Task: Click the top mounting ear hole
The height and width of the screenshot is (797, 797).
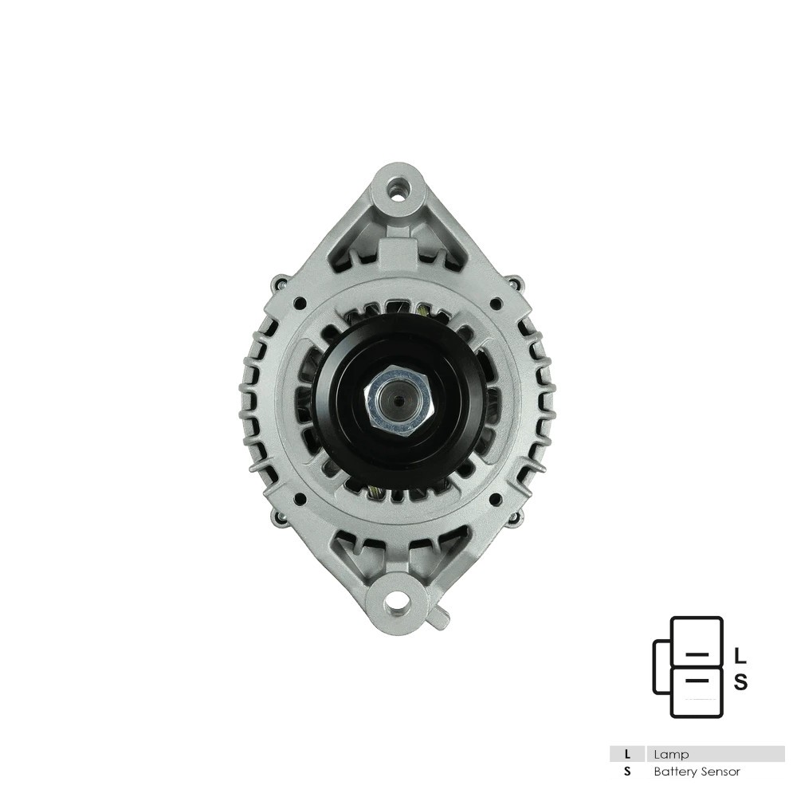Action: [x=396, y=189]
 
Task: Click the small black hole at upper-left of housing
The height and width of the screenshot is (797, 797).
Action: [x=299, y=303]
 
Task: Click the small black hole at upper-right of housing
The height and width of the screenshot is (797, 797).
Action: [x=495, y=303]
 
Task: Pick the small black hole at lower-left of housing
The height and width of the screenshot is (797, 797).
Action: [x=299, y=500]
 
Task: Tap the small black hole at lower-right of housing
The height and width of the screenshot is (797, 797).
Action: [x=495, y=500]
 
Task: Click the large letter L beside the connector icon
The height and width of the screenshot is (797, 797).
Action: [x=740, y=655]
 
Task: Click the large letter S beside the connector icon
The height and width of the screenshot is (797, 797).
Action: [x=740, y=682]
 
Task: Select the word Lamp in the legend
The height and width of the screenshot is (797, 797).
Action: [x=671, y=754]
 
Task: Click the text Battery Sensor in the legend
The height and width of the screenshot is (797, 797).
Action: [x=697, y=771]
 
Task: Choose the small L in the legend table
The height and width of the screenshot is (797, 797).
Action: [x=628, y=754]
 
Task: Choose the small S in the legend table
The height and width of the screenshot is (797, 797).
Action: [x=628, y=771]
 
